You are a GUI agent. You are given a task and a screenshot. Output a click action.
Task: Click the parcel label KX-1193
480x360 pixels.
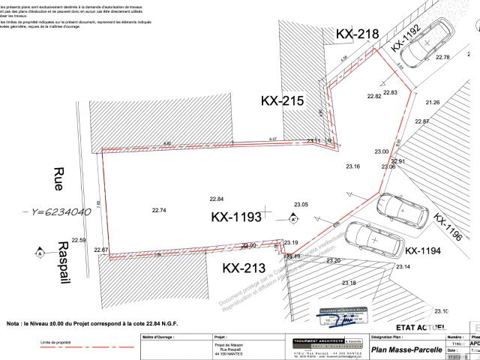pos(236,217)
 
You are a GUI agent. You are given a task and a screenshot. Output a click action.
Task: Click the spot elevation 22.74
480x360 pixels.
pos(158,211)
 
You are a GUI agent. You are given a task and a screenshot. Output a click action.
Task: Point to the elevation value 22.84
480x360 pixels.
pos(216,199)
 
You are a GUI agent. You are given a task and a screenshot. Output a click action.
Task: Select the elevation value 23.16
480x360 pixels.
pos(352,166)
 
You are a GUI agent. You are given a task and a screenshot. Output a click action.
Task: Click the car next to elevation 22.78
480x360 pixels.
pos(425,44)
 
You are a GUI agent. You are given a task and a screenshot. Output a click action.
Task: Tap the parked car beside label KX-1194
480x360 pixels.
pos(365,238)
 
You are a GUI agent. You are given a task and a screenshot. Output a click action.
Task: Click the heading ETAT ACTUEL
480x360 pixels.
pos(421,327)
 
